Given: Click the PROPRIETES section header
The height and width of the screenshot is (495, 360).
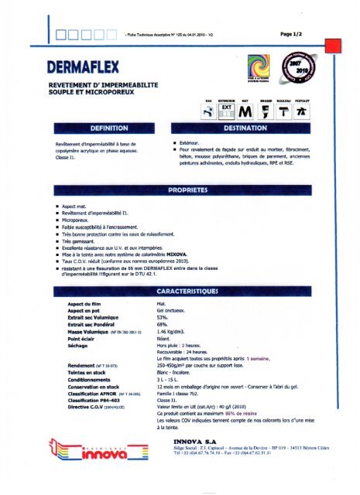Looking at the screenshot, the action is [x=180, y=189].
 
